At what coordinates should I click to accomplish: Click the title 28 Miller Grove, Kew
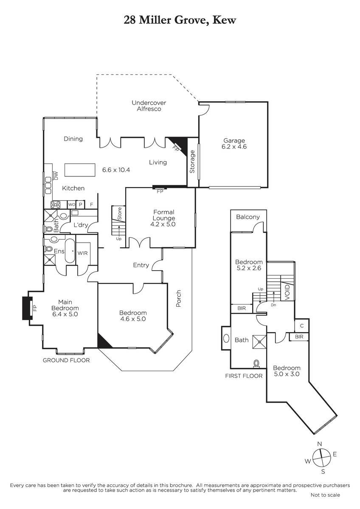coord(180,20)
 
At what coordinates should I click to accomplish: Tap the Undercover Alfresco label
coord(149,106)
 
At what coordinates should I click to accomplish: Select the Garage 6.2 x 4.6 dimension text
coord(234,147)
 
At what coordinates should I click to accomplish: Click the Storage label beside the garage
coord(192,162)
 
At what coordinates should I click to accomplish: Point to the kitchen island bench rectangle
coord(80,170)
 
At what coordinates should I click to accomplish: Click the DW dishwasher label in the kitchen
coord(56,176)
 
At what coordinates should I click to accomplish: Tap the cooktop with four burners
coord(56,204)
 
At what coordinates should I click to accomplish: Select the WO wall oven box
coord(72,204)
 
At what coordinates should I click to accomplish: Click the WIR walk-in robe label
coord(82,253)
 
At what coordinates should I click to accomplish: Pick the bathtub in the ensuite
coord(70,251)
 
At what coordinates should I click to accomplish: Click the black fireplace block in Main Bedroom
coord(26,308)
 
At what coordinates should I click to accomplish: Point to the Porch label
coord(179,298)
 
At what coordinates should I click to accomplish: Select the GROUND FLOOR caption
coord(66,360)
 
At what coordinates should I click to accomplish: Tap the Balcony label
coord(248,217)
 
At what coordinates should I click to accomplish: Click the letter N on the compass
coord(320,444)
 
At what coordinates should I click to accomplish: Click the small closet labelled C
coord(301,326)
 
